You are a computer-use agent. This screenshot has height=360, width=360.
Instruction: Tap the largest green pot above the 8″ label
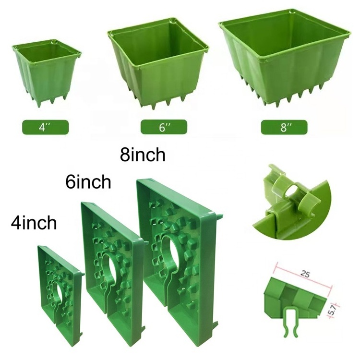[x=285, y=58]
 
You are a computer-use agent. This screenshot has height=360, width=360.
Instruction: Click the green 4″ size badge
[x=45, y=127]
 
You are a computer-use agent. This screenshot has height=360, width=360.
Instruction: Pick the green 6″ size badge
[x=164, y=127]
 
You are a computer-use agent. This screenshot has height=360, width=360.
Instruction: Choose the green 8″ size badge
[x=284, y=127]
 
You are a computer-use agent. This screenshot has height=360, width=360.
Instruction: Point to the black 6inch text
[x=88, y=182]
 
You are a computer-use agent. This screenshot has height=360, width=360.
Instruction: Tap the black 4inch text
[x=34, y=223]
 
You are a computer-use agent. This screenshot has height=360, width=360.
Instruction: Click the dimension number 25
[x=306, y=274]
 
